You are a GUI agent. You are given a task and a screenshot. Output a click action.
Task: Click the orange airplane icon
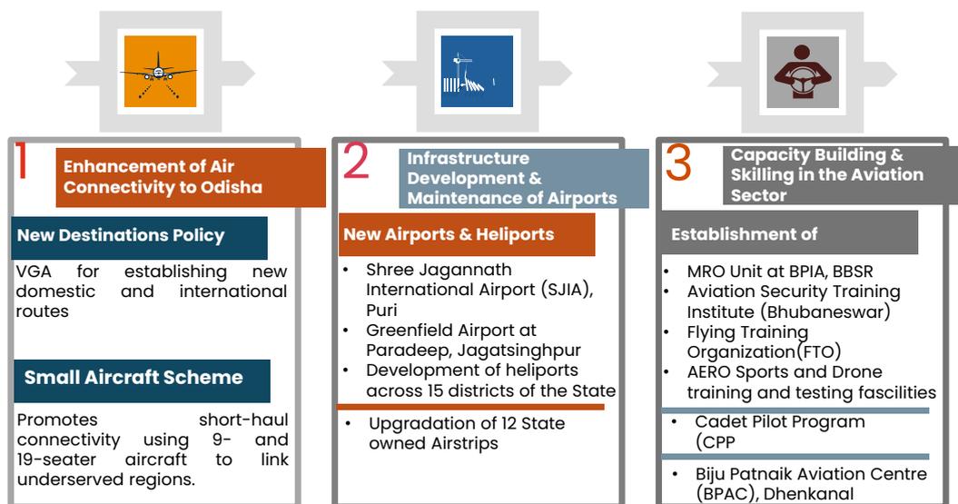pyautogui.click(x=160, y=71)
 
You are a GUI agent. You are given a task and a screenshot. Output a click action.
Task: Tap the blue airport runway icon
pyautogui.click(x=477, y=71)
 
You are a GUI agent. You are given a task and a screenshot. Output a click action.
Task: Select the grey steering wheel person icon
pyautogui.click(x=802, y=72)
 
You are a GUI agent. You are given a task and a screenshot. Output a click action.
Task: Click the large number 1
pyautogui.click(x=22, y=161)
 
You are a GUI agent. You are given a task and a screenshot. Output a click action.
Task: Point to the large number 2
pyautogui.click(x=356, y=161)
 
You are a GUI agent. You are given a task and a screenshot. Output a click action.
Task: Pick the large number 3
pyautogui.click(x=678, y=163)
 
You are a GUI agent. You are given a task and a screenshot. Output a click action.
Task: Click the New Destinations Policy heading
pyautogui.click(x=121, y=235)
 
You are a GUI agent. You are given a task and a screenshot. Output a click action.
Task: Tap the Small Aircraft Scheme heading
pyautogui.click(x=133, y=377)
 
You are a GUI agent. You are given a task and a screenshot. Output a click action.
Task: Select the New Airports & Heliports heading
pyautogui.click(x=449, y=234)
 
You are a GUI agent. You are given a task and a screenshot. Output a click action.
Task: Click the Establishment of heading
pyautogui.click(x=745, y=234)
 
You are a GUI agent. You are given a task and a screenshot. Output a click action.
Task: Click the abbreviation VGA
pyautogui.click(x=34, y=272)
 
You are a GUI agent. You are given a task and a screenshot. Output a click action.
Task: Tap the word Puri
pyautogui.click(x=381, y=310)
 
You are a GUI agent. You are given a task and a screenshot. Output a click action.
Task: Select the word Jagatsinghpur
pyautogui.click(x=519, y=350)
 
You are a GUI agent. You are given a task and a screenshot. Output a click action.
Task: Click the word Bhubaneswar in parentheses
pyautogui.click(x=825, y=311)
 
